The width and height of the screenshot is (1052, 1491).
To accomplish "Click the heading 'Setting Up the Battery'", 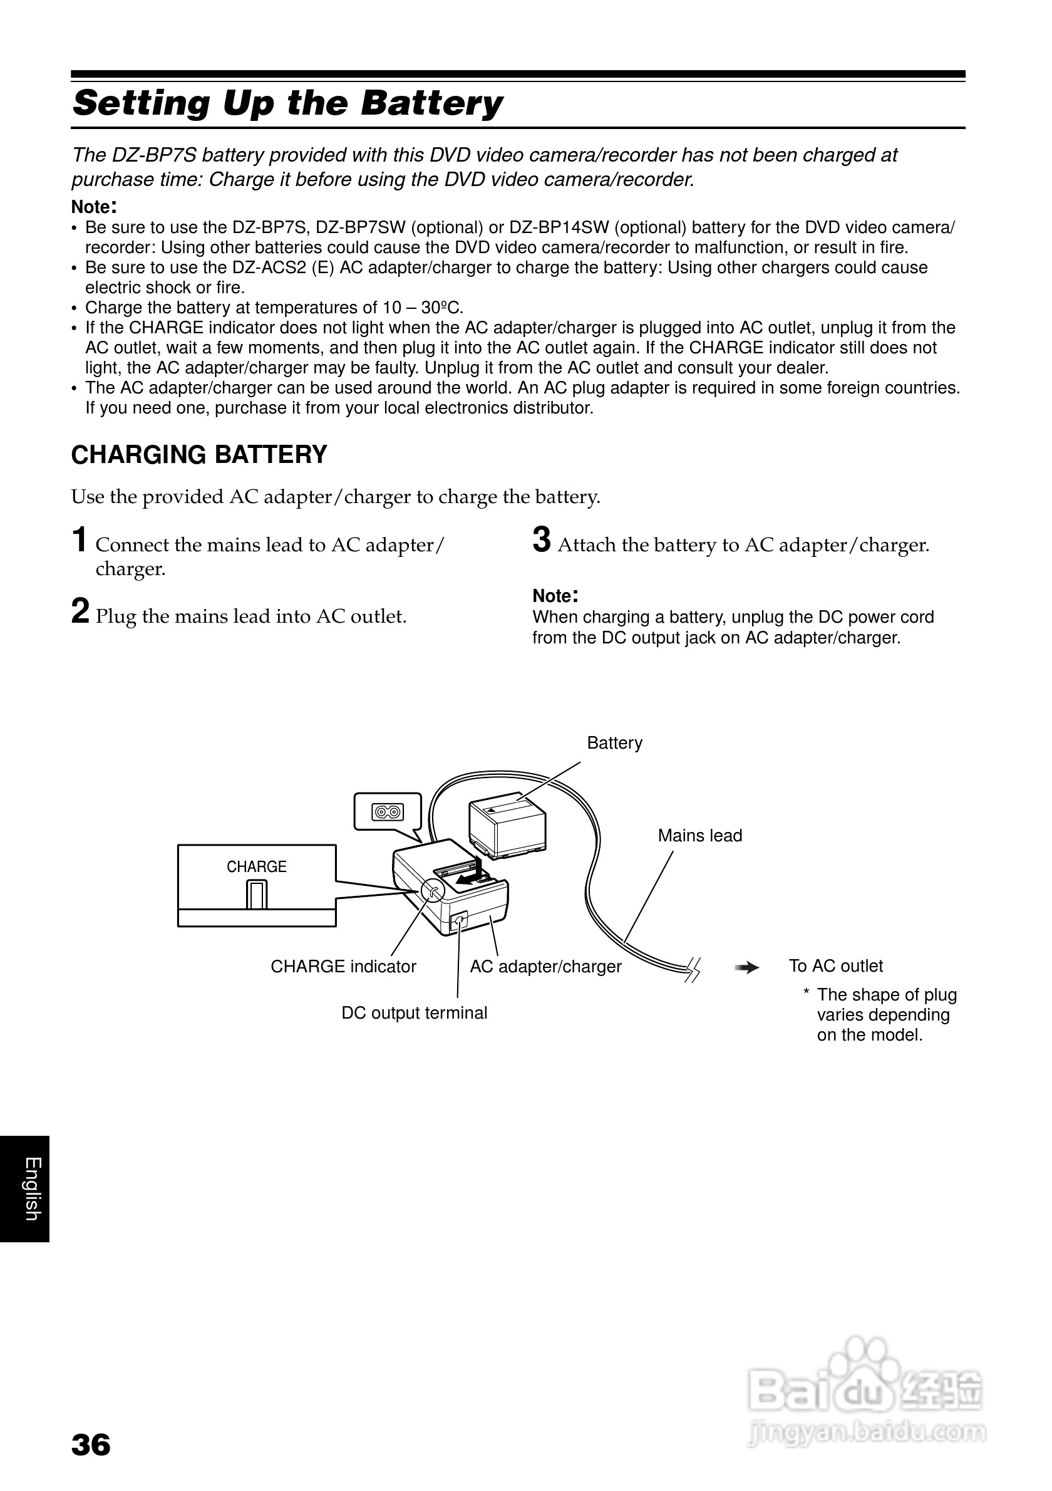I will pyautogui.click(x=287, y=103).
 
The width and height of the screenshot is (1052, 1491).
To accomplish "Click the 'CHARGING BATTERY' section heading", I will pyautogui.click(x=199, y=455).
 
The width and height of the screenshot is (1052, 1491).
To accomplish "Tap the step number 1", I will pyautogui.click(x=79, y=540).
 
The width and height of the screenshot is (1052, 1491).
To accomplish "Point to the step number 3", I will pyautogui.click(x=541, y=540).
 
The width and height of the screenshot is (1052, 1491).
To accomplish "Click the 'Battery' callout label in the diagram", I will pyautogui.click(x=614, y=743).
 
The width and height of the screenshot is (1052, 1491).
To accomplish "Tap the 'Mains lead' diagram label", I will pyautogui.click(x=699, y=836).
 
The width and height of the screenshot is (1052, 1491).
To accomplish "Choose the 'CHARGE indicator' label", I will pyautogui.click(x=343, y=967).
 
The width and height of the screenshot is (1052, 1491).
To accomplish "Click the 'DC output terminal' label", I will pyautogui.click(x=414, y=1013).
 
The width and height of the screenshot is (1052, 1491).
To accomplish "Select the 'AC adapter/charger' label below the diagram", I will pyautogui.click(x=545, y=967).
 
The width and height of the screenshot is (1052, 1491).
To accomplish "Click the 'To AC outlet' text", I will pyautogui.click(x=835, y=966).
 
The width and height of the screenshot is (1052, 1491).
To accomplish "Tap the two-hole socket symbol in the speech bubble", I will pyautogui.click(x=388, y=812).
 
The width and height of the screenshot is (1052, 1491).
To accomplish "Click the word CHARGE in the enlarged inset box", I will pyautogui.click(x=256, y=867).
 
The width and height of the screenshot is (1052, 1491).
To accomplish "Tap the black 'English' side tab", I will pyautogui.click(x=24, y=1189).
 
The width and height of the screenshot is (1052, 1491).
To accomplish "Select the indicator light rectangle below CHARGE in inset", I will pyautogui.click(x=256, y=895).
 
